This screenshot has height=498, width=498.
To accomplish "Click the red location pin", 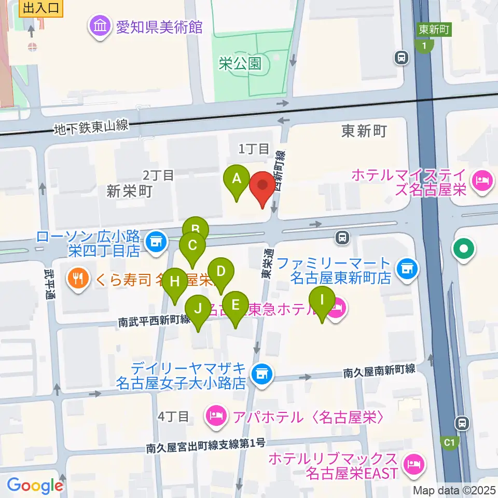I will pyautogui.click(x=262, y=188).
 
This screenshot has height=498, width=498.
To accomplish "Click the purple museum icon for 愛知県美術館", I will pyautogui.click(x=99, y=26).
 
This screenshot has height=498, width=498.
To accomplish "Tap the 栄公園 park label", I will pyautogui.click(x=240, y=64).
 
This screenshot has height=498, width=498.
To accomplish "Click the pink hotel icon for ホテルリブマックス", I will pyautogui.click(x=414, y=461).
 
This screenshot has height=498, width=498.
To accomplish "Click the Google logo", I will pyautogui.click(x=35, y=485).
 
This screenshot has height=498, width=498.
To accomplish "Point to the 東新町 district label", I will pyautogui.click(x=364, y=131).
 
